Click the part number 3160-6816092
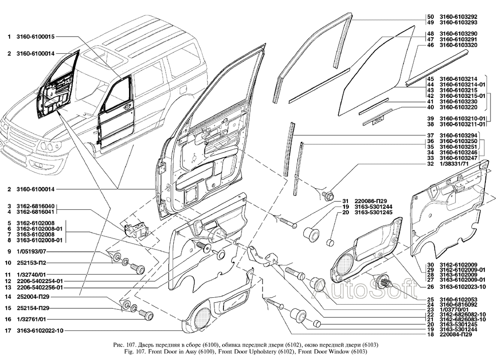pos(455,305)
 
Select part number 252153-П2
pos(31,263)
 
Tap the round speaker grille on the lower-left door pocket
pos(202,317)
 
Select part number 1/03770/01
pos(453,310)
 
